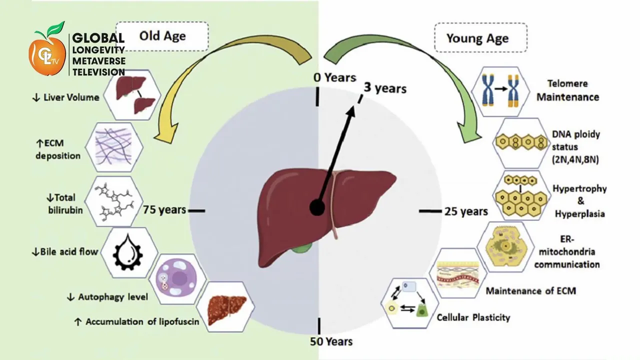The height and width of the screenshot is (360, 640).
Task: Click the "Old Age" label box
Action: click(x=162, y=35)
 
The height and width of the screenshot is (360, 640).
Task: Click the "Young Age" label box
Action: click(x=477, y=38)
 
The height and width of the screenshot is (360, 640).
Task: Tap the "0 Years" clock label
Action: click(x=334, y=77)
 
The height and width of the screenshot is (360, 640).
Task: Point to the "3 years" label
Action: click(x=384, y=88)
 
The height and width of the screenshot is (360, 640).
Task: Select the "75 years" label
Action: click(x=164, y=210)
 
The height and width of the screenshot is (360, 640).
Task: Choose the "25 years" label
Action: click(x=466, y=211)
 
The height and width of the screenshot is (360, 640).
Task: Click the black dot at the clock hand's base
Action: click(x=317, y=207)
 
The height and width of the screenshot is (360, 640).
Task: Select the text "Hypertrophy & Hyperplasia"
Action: click(x=579, y=201)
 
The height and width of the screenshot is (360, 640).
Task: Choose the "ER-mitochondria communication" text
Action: click(x=567, y=251)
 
